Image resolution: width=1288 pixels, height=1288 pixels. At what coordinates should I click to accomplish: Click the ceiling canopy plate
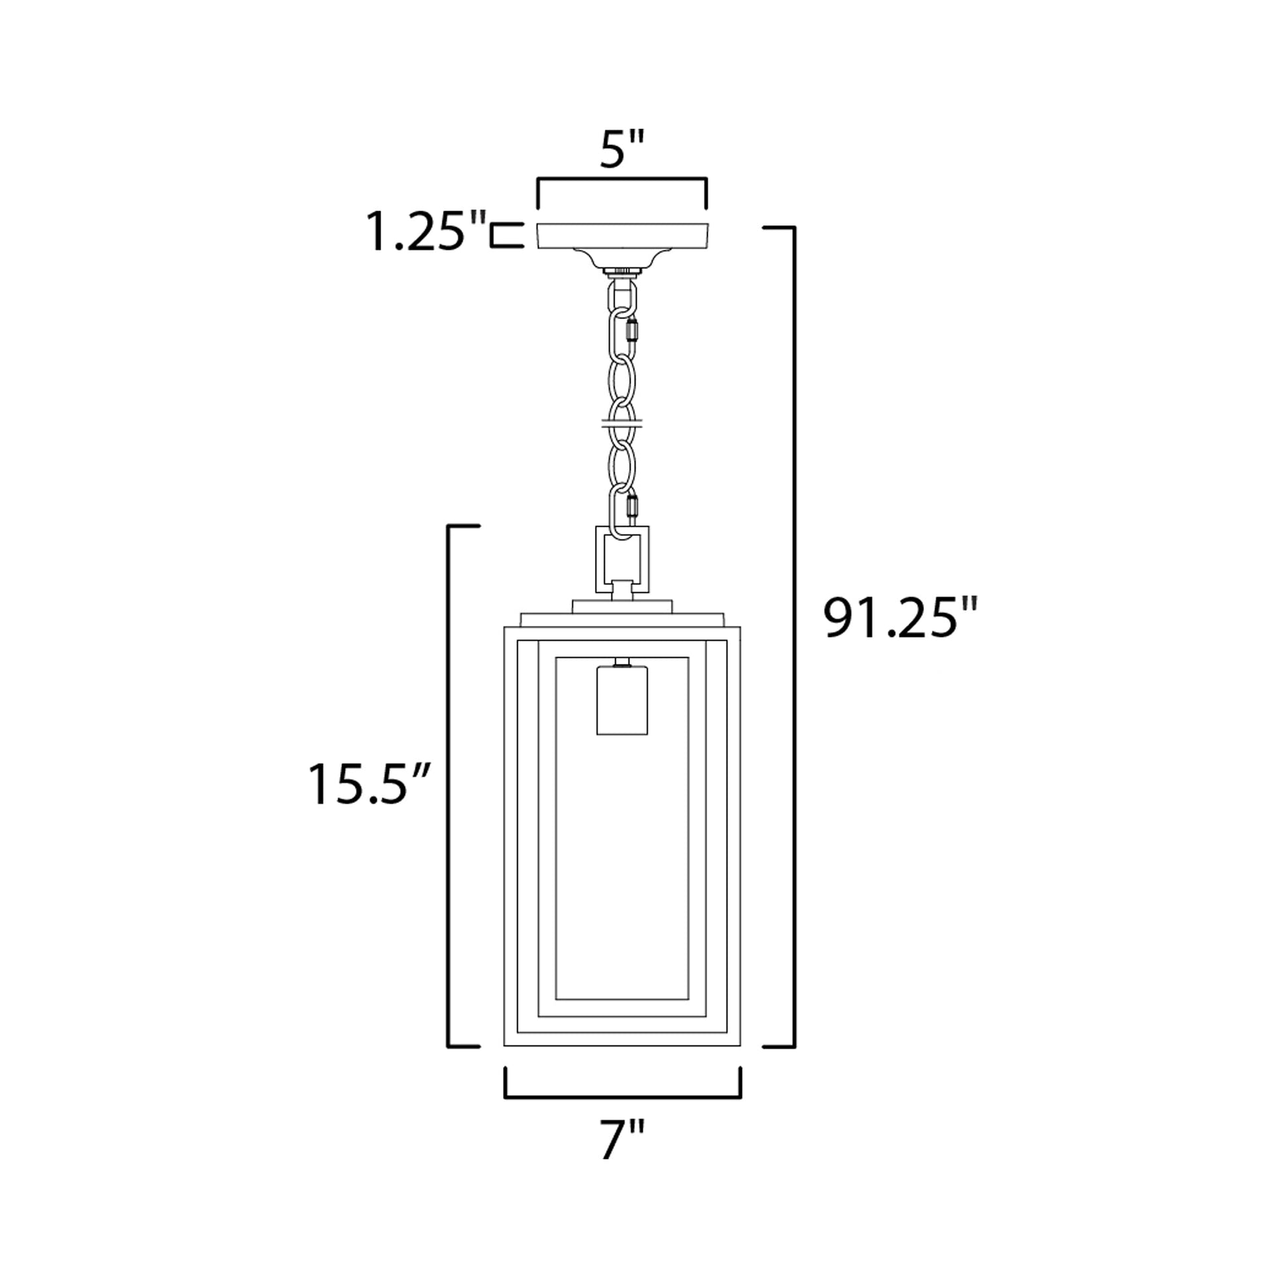coord(623,237)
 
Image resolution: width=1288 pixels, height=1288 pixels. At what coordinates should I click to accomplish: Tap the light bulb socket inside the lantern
coord(622,699)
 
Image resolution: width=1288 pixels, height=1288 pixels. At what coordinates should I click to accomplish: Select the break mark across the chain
coord(621,422)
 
